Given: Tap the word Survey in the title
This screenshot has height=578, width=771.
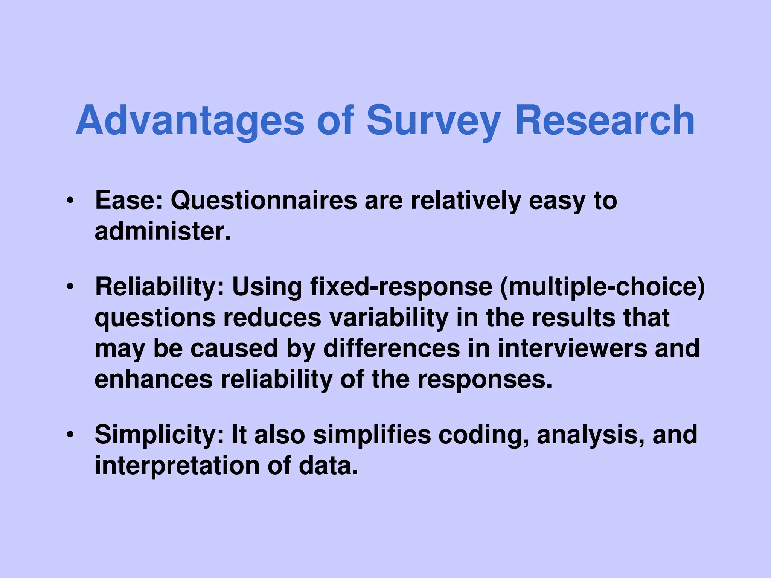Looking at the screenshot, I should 433,120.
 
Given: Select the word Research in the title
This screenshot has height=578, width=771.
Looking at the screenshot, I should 604,120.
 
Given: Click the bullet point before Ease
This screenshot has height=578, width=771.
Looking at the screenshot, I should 69,201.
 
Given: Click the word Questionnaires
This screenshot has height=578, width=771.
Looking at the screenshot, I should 264,201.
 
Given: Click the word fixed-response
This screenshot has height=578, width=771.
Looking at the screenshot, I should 401,287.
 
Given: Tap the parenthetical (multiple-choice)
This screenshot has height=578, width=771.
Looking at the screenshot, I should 602,287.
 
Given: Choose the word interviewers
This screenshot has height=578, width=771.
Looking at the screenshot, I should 572,348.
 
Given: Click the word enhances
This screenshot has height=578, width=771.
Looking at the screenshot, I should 153,379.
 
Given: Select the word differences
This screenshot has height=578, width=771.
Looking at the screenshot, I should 392,348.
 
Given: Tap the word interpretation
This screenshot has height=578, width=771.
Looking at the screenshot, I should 177,466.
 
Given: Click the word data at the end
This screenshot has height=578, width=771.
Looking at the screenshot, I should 328,465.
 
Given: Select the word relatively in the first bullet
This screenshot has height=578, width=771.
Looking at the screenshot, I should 465,201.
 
